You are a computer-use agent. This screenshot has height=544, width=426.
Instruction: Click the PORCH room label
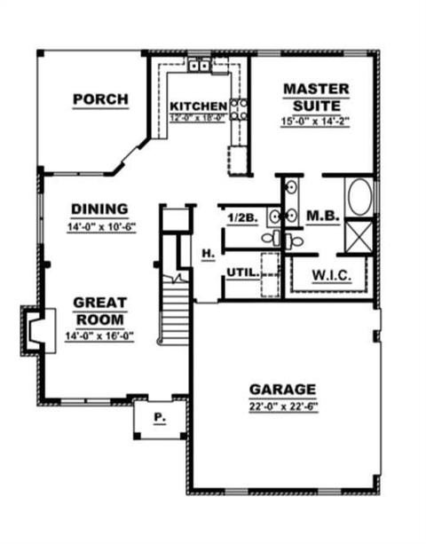pyautogui.click(x=100, y=99)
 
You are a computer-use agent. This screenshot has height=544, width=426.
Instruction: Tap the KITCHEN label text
pyautogui.click(x=199, y=106)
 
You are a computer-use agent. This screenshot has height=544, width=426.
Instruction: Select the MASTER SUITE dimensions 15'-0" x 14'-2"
pyautogui.click(x=315, y=122)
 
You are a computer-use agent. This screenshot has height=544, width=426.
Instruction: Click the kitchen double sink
pyautogui.click(x=199, y=65)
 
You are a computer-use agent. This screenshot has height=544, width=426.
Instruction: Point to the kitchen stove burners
pyautogui.click(x=239, y=109)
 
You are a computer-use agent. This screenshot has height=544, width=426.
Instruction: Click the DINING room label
pyautogui.click(x=100, y=209)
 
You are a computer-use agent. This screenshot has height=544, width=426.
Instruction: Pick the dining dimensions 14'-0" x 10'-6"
pyautogui.click(x=101, y=227)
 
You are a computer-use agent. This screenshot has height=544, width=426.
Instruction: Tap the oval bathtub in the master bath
pyautogui.click(x=360, y=197)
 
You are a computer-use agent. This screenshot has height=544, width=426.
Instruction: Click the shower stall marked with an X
pyautogui.click(x=359, y=237)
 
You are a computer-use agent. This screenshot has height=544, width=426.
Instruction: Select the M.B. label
pyautogui.click(x=323, y=216)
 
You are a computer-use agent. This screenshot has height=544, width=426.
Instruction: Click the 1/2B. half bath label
pyautogui.click(x=242, y=218)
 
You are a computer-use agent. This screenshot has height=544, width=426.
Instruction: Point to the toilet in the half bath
pyautogui.click(x=271, y=238)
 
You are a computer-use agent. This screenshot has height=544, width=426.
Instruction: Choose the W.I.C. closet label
pyautogui.click(x=332, y=276)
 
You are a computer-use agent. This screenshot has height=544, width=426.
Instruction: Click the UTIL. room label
pyautogui.click(x=243, y=272)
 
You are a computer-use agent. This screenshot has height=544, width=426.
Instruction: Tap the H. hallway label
pyautogui.click(x=209, y=254)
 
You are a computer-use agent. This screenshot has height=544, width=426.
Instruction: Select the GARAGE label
pyautogui.click(x=283, y=390)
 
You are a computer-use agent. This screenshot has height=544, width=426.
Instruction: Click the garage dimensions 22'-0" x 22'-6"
pyautogui.click(x=283, y=406)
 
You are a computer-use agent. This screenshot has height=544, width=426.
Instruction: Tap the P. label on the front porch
pyautogui.click(x=160, y=418)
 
